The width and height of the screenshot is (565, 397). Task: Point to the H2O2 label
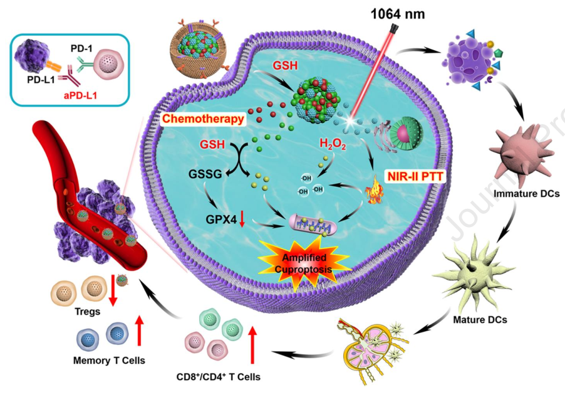pos(332,145)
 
